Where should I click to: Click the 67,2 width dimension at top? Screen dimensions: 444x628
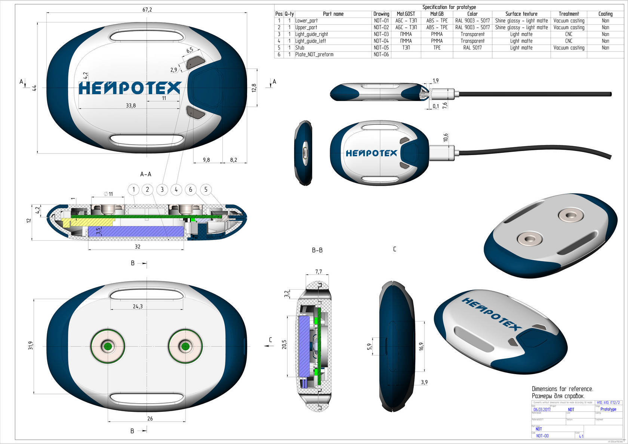tap(147, 9)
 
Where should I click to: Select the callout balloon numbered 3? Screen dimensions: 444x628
tap(162, 190)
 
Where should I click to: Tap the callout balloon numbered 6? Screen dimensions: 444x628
tap(191, 190)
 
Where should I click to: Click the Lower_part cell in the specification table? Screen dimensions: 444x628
tap(307, 21)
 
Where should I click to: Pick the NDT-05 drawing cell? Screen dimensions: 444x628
tap(381, 48)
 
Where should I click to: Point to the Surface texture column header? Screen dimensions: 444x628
tap(521, 14)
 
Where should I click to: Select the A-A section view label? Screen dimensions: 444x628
tap(145, 174)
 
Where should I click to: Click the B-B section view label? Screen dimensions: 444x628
tap(317, 250)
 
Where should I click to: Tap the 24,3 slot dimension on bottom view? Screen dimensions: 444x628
tap(138, 306)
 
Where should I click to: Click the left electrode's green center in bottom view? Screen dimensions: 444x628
tap(108, 346)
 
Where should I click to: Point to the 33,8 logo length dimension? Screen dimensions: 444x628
tap(131, 106)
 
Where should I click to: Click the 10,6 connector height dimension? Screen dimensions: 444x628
tap(445, 138)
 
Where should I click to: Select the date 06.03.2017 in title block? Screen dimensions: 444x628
tap(542, 410)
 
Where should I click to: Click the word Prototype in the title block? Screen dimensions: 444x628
tap(608, 409)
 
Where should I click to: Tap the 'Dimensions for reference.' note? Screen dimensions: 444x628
tap(562, 389)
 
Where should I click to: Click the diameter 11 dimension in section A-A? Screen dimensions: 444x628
tap(108, 194)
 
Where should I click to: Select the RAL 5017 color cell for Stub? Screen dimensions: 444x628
tap(472, 48)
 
